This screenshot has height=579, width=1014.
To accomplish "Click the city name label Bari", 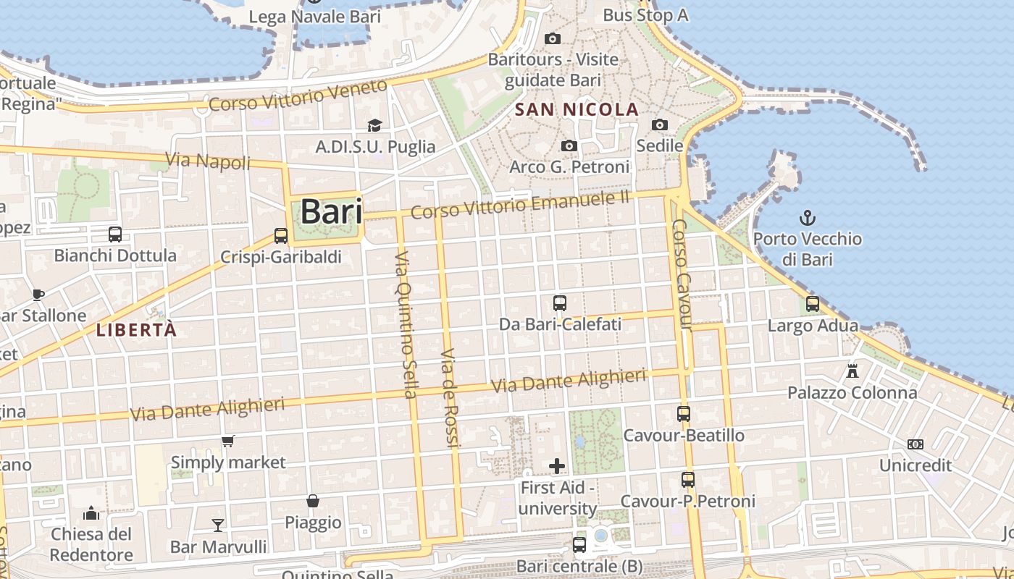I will [331, 211].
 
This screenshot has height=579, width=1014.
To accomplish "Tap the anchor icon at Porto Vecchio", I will [807, 217].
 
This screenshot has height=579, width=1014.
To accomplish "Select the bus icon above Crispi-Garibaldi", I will [281, 236].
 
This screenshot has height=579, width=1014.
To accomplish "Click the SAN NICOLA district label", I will [577, 110].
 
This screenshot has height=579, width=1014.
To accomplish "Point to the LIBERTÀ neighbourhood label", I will [136, 330].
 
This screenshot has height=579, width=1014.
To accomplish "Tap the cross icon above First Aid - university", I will [557, 466].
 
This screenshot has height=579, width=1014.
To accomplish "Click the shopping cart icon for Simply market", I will [228, 441].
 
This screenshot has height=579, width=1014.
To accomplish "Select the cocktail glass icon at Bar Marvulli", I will [218, 525].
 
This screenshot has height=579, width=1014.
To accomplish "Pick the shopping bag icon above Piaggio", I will [313, 501].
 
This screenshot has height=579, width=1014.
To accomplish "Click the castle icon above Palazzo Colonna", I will [852, 371].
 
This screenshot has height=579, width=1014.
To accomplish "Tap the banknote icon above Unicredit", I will [915, 444].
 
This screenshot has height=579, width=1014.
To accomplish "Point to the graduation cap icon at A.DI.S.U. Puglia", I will [374, 126].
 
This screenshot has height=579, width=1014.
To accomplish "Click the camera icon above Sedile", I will [659, 124].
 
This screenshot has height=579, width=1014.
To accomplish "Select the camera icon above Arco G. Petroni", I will [569, 146].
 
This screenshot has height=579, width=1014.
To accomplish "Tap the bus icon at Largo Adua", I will [813, 304].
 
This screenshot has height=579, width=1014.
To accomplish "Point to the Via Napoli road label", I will [208, 161].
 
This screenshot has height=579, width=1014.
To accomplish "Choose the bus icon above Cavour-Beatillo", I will [684, 414].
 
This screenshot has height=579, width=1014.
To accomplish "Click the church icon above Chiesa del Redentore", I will [91, 513].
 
